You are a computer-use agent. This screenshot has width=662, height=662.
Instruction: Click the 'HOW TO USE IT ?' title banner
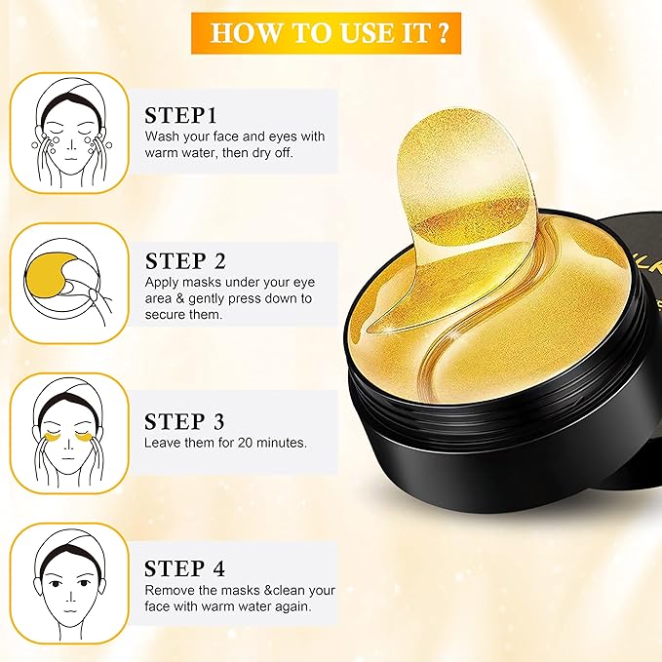point(330,31)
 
